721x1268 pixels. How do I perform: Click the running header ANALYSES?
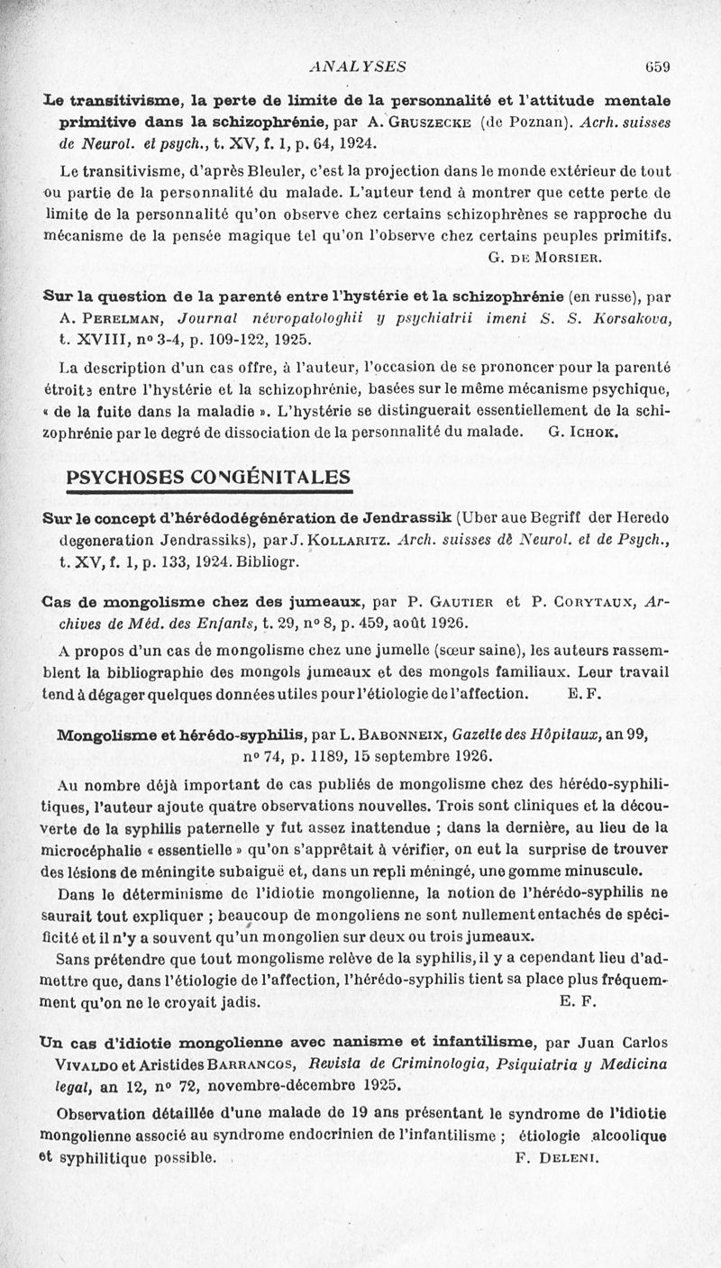pos(357,66)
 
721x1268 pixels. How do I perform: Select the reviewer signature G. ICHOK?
pos(582,432)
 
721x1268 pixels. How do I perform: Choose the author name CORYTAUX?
pos(578,603)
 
